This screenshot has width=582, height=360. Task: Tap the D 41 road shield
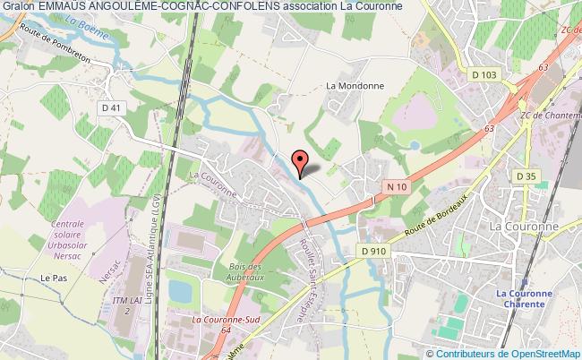(x=110, y=108)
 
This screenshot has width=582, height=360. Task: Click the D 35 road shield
(x=527, y=176)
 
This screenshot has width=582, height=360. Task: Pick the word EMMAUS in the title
(x=63, y=5)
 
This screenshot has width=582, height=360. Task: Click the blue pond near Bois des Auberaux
(x=179, y=290)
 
